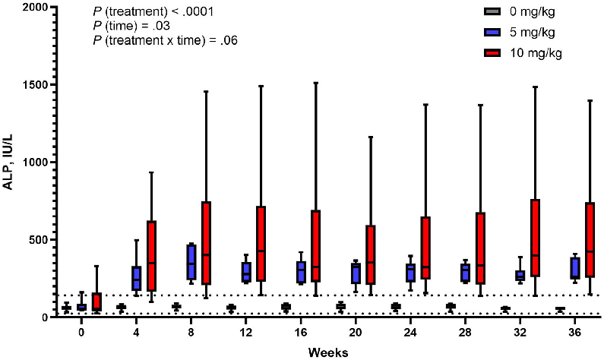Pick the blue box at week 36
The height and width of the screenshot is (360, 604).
pyautogui.click(x=576, y=268)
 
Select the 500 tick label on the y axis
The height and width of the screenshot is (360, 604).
pyautogui.click(x=34, y=240)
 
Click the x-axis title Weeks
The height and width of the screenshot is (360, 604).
pyautogui.click(x=328, y=352)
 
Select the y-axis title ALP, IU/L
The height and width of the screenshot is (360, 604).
pyautogui.click(x=9, y=161)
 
